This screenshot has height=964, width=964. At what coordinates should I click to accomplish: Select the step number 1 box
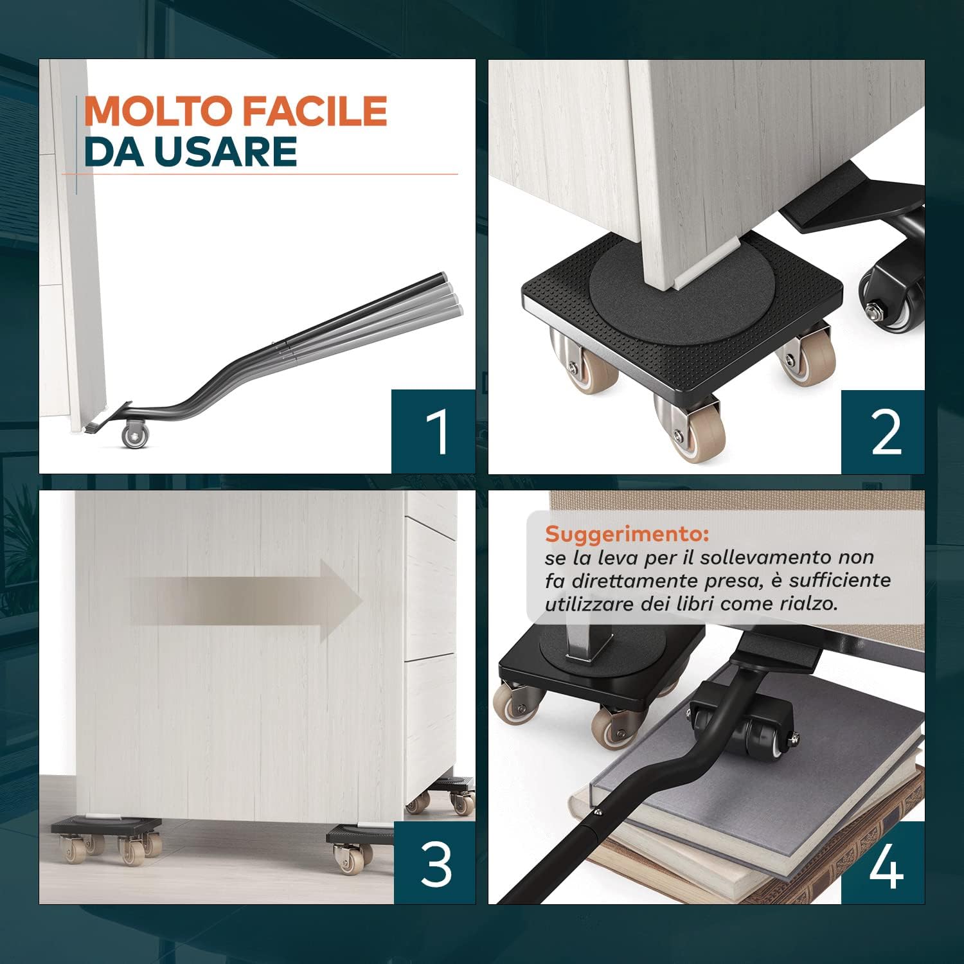pyautogui.click(x=433, y=431)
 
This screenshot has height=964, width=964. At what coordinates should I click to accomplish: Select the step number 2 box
pyautogui.click(x=883, y=431)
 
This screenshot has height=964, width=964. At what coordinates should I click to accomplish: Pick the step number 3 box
pyautogui.click(x=434, y=862)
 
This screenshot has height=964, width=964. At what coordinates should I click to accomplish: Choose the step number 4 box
pyautogui.click(x=883, y=862)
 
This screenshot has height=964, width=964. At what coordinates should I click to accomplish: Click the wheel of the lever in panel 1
pyautogui.click(x=136, y=434)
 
